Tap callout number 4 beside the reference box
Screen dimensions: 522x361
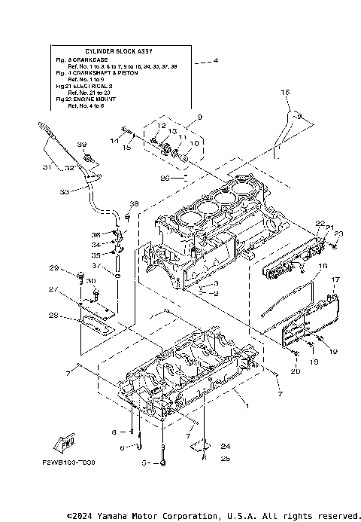pos(216,60)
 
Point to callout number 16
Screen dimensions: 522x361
pos(285,91)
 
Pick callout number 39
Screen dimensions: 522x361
pos(82,144)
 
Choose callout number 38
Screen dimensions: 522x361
pos(134,204)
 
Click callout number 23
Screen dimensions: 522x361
pos(338,234)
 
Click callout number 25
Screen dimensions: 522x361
pos(204,457)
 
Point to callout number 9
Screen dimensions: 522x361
pos(200,117)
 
